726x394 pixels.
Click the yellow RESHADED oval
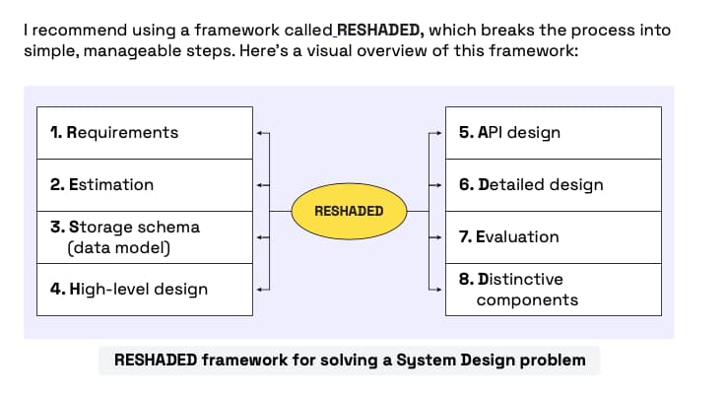click(349, 211)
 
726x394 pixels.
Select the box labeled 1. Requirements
click(144, 132)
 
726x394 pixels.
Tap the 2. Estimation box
click(144, 184)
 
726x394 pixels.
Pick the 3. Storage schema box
click(144, 236)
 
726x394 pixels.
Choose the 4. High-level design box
click(144, 289)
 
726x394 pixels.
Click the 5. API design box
click(553, 132)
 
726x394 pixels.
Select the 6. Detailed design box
click(553, 184)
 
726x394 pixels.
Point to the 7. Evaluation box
click(553, 236)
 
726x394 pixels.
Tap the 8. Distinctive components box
click(553, 289)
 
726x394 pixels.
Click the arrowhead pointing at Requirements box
click(259, 132)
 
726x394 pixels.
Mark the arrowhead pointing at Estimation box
click(259, 184)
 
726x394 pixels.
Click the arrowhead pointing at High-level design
click(259, 289)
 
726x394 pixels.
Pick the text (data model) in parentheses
click(118, 247)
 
